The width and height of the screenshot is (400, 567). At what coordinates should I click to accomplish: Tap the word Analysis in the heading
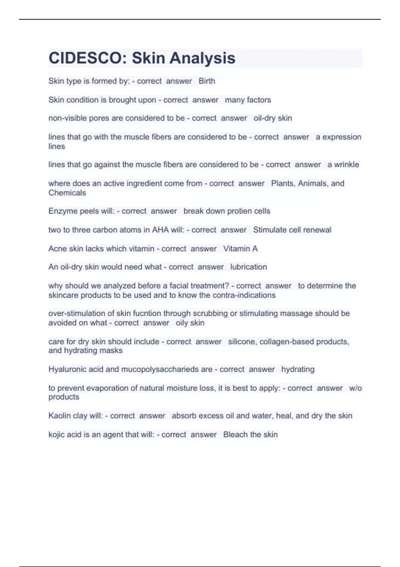[202, 58]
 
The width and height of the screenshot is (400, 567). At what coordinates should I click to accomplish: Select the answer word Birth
[207, 81]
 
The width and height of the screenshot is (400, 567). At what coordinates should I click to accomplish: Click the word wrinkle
[346, 164]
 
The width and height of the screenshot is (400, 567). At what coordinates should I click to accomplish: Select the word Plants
[282, 183]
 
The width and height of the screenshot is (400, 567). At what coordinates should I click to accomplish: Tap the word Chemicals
[67, 193]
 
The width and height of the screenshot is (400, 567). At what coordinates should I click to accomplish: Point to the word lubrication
[248, 267]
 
